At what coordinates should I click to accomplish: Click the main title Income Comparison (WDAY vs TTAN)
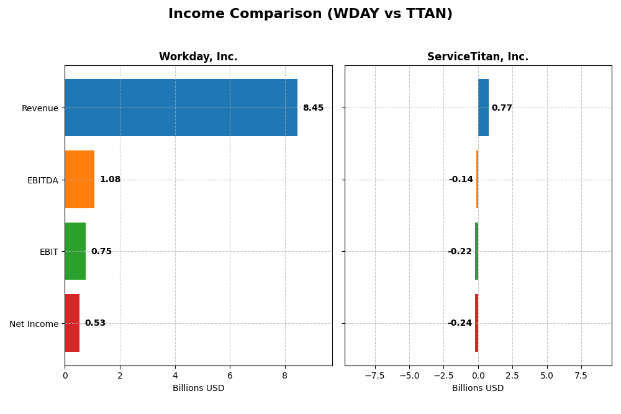coord(310,14)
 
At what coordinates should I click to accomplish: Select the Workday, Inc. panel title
coord(198,57)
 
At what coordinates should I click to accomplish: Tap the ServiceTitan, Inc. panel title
coord(478,57)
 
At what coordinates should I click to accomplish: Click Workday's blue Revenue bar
coord(181,108)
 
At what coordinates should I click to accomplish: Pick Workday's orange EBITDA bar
coord(79,180)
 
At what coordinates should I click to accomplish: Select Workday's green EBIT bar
coord(75,251)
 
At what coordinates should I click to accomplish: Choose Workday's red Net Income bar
coord(72,323)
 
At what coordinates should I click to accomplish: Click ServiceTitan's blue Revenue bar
coord(483,108)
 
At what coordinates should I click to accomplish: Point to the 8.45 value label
coord(313,108)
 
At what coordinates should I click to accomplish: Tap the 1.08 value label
coord(110,180)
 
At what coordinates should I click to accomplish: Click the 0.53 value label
coord(95,323)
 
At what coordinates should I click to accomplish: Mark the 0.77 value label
coord(502,108)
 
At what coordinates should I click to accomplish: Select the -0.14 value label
coord(461,180)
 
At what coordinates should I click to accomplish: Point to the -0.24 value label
coord(460,323)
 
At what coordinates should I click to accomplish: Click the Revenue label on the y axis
coord(40,108)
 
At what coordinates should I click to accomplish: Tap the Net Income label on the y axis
coord(34,324)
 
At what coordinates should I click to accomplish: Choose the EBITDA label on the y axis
coord(42,180)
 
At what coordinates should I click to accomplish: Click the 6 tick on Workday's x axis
coord(230,375)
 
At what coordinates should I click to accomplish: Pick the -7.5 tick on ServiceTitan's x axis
coord(374,375)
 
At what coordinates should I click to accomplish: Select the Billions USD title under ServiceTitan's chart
coord(478,388)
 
